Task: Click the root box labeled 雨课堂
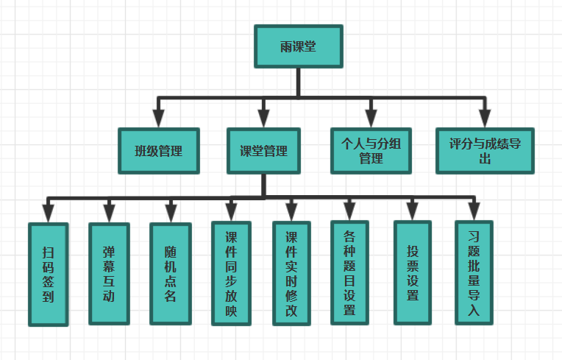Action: [298, 46]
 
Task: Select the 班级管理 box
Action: [158, 151]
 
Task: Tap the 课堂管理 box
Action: [264, 151]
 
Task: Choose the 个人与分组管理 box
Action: [371, 151]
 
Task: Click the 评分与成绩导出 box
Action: [484, 151]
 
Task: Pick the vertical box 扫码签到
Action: [48, 274]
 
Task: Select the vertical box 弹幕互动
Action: [109, 274]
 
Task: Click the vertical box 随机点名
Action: [171, 274]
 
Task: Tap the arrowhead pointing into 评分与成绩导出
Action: [484, 119]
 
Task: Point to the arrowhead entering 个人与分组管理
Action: [371, 119]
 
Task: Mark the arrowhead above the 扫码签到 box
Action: [48, 213]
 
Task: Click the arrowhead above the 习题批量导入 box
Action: [474, 212]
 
